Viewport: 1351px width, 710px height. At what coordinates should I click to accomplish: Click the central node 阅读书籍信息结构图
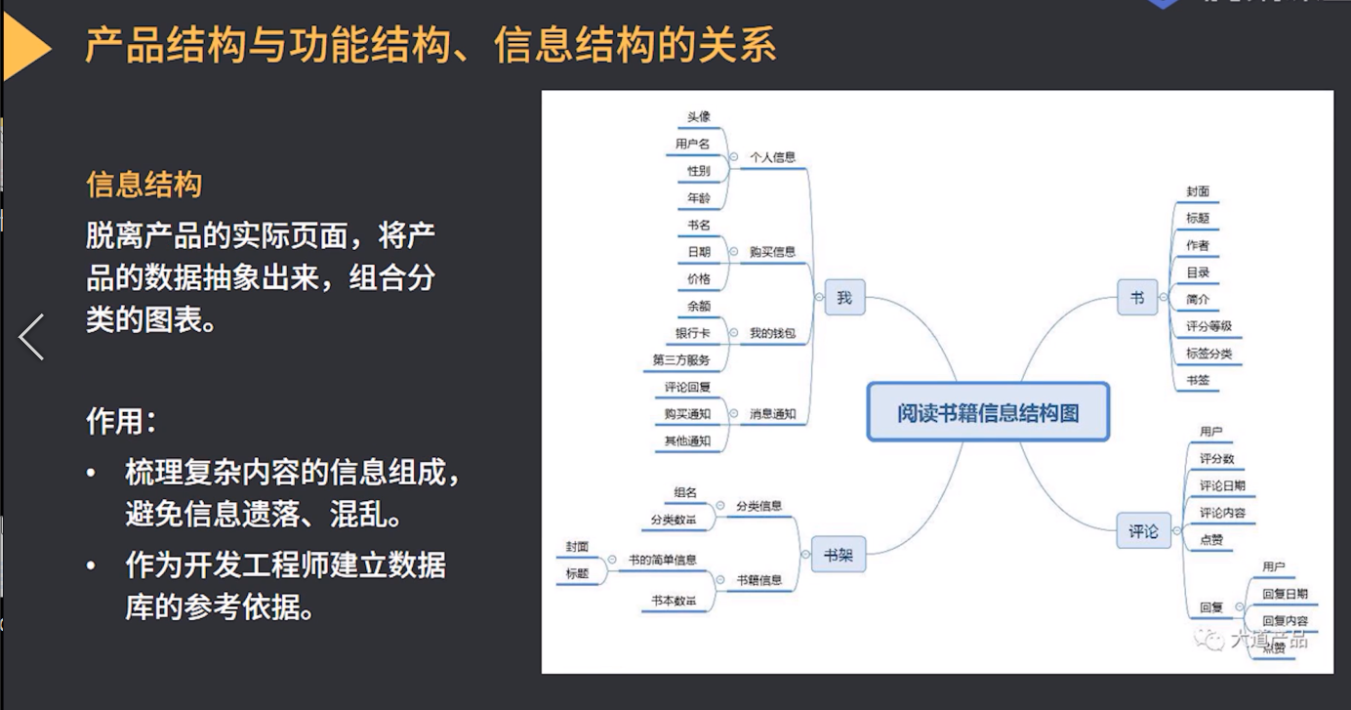(x=988, y=412)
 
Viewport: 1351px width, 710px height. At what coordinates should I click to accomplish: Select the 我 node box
(x=844, y=298)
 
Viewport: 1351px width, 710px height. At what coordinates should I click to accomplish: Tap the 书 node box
(x=1137, y=298)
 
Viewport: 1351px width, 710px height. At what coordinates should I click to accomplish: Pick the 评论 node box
(x=1143, y=532)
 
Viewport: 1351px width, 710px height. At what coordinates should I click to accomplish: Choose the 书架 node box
(x=838, y=556)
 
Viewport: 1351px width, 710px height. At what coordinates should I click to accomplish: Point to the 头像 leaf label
(x=699, y=117)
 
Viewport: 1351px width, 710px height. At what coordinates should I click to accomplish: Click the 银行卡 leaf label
(x=692, y=333)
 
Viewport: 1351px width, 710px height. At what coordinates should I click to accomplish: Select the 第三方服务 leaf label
(x=681, y=360)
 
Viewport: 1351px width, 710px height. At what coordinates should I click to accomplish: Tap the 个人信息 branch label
(x=772, y=157)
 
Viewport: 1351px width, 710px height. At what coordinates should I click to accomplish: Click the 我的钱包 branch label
(x=772, y=334)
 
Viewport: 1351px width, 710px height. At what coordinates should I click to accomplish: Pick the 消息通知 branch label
(x=772, y=414)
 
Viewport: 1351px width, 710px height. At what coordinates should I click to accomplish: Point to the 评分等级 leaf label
(x=1208, y=326)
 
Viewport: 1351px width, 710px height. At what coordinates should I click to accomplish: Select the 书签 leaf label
(x=1198, y=380)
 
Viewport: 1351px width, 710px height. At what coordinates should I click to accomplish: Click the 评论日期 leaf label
(x=1222, y=485)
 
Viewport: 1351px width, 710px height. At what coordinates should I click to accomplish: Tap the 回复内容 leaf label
(x=1285, y=620)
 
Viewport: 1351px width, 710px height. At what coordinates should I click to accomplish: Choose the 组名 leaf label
(x=685, y=491)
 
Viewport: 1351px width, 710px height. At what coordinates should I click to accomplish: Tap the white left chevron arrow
(x=31, y=337)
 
